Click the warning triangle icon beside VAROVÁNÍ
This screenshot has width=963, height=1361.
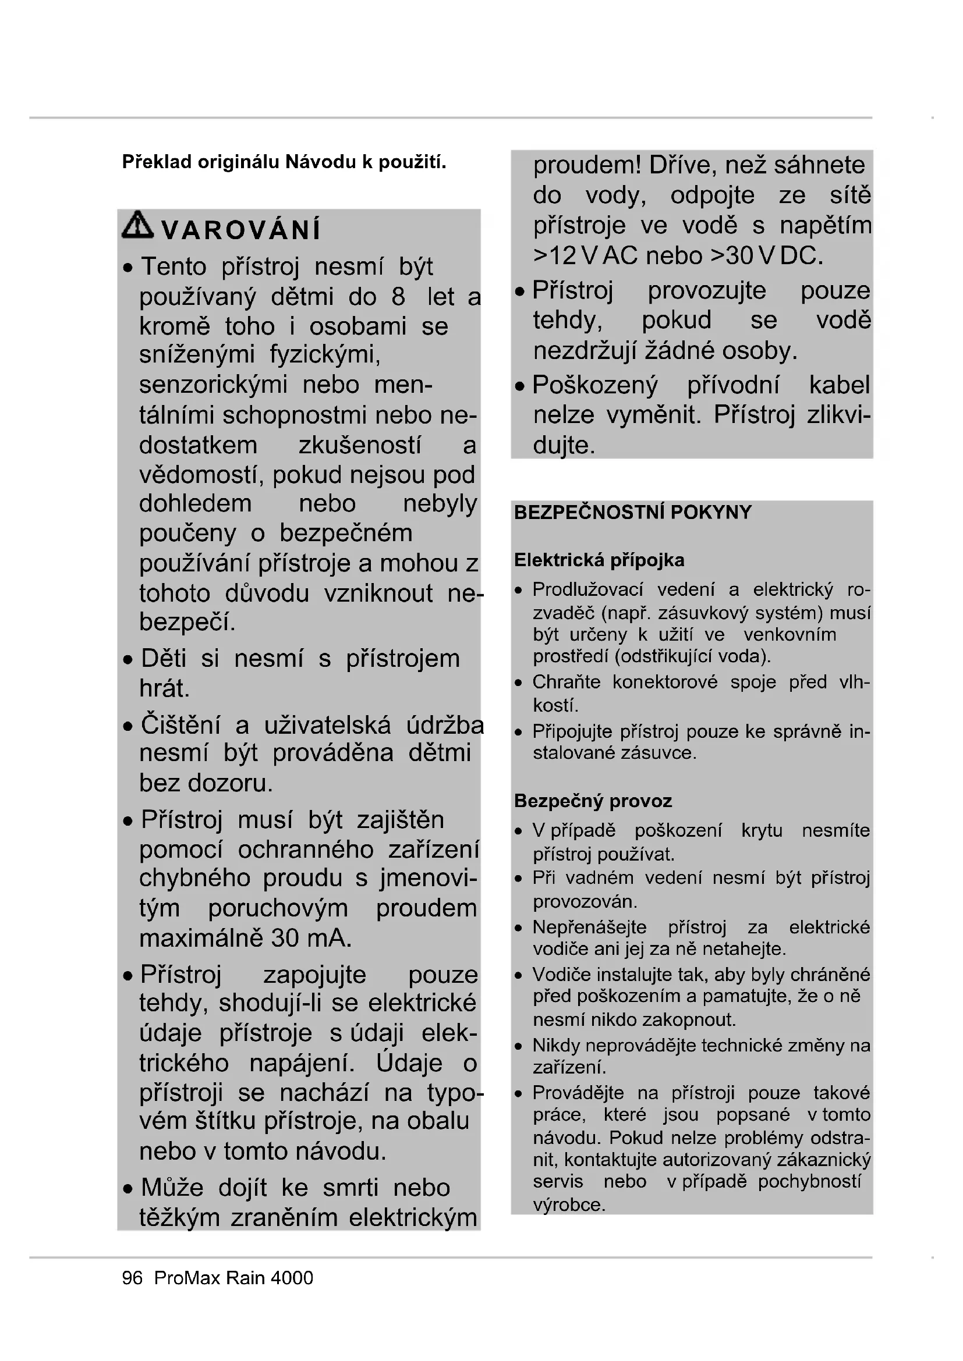(x=137, y=225)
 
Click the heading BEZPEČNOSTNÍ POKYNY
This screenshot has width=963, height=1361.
(x=633, y=512)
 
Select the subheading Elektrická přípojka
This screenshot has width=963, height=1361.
(x=599, y=560)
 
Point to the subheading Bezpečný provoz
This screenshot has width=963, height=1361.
(x=593, y=801)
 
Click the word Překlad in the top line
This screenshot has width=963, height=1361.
(x=157, y=162)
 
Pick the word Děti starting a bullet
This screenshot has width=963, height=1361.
(x=163, y=659)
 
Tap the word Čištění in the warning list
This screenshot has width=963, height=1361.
(x=180, y=725)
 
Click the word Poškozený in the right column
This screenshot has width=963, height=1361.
(x=595, y=385)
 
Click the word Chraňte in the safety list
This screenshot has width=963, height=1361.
(x=567, y=682)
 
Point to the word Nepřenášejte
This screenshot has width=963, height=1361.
(x=589, y=926)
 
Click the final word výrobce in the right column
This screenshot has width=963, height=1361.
(x=569, y=1204)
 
